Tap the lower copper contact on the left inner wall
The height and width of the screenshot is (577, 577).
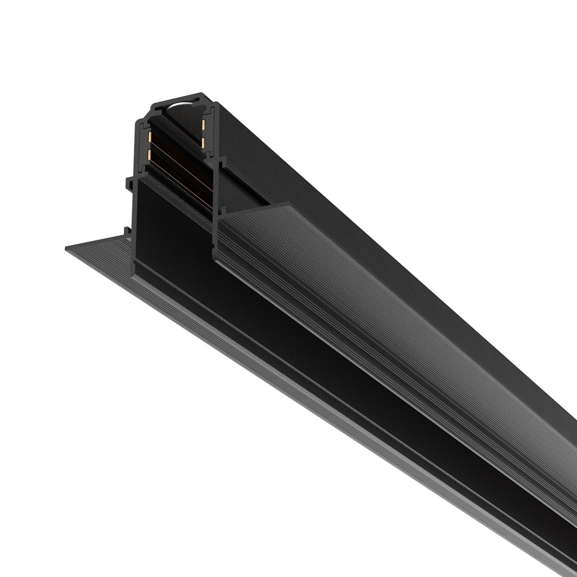[x=151, y=155]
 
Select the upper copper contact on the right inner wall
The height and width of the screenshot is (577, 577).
[x=203, y=125]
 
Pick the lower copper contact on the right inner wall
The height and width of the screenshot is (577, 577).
[x=203, y=142]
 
